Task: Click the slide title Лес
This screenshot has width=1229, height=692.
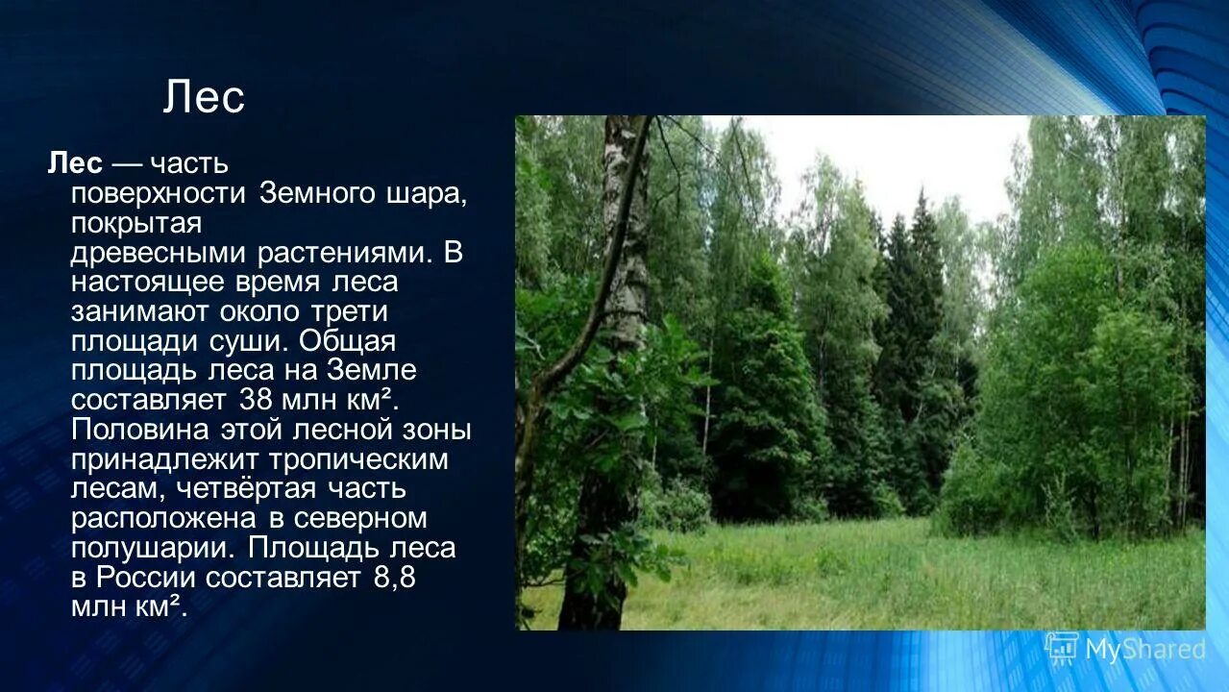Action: [x=204, y=98]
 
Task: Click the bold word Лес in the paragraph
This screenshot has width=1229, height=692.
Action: [x=75, y=163]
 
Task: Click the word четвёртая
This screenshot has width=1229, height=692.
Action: [x=249, y=489]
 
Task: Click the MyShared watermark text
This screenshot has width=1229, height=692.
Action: [x=1144, y=650]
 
